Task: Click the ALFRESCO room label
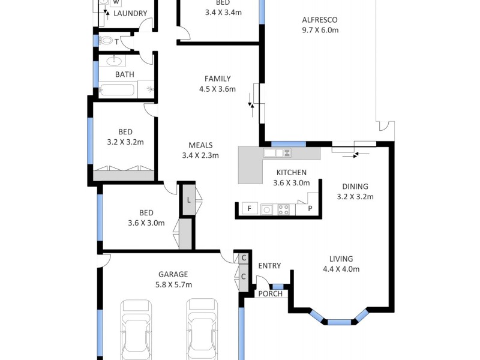click(x=320, y=19)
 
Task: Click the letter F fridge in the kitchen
click(x=250, y=209)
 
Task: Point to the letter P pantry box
click(x=310, y=209)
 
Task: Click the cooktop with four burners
click(x=283, y=209)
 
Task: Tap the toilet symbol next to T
click(x=107, y=41)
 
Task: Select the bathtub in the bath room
click(x=117, y=91)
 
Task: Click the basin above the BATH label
click(x=114, y=61)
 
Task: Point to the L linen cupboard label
click(x=188, y=200)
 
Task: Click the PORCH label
click(x=270, y=293)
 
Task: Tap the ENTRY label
click(x=269, y=266)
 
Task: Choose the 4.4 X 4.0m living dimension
click(x=341, y=269)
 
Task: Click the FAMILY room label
click(x=217, y=79)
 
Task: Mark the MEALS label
click(x=200, y=145)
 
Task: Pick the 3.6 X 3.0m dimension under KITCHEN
click(x=291, y=183)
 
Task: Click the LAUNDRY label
click(x=130, y=13)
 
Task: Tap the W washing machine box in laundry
click(x=115, y=3)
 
